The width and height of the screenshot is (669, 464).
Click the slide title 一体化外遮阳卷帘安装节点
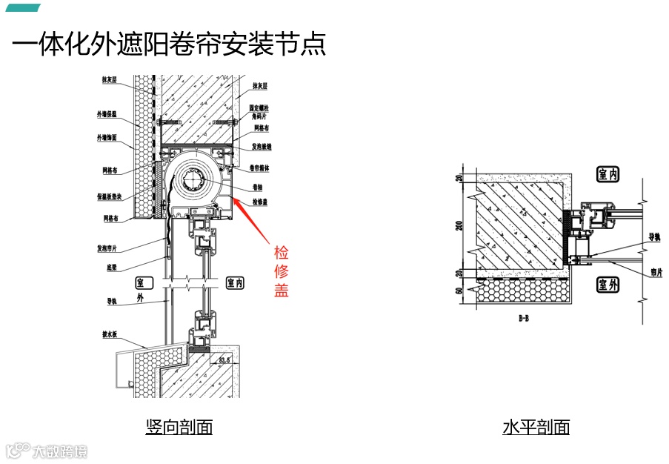pyautogui.click(x=169, y=44)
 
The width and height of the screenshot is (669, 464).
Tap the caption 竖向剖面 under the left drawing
pyautogui.click(x=179, y=427)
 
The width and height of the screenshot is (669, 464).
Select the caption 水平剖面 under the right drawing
pyautogui.click(x=536, y=427)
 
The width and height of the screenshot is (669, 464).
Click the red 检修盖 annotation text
pyautogui.click(x=281, y=271)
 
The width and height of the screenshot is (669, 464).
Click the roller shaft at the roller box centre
pyautogui.click(x=196, y=180)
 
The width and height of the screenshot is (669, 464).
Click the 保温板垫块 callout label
pyautogui.click(x=108, y=196)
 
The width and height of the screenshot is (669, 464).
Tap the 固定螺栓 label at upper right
pyautogui.click(x=263, y=108)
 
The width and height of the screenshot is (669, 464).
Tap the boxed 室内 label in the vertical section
pyautogui.click(x=235, y=283)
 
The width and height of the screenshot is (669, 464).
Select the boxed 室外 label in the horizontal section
pyautogui.click(x=608, y=284)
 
